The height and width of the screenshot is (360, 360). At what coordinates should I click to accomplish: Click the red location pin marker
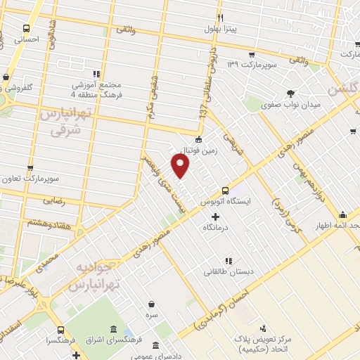click(181, 166)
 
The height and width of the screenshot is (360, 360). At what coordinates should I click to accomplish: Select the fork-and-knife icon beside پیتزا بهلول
click(220, 18)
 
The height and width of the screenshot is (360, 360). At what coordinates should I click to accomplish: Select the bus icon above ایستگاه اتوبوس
click(226, 190)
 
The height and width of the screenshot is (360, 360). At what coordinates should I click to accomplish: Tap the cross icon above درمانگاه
click(216, 217)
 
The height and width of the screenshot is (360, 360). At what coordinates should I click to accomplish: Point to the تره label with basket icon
click(152, 316)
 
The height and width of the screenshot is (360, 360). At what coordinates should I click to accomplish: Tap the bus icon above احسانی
click(26, 30)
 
